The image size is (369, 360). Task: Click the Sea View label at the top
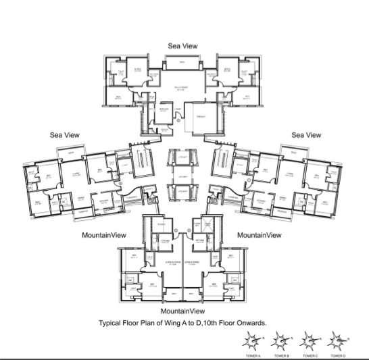183,45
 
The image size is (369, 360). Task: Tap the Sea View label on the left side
64,135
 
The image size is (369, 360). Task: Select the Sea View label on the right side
306,135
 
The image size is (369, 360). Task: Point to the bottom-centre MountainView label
182,311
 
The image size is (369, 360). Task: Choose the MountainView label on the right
260,235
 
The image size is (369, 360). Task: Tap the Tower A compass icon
251,340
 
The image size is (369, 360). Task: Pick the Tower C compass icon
309,340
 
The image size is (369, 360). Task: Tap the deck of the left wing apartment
68,154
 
